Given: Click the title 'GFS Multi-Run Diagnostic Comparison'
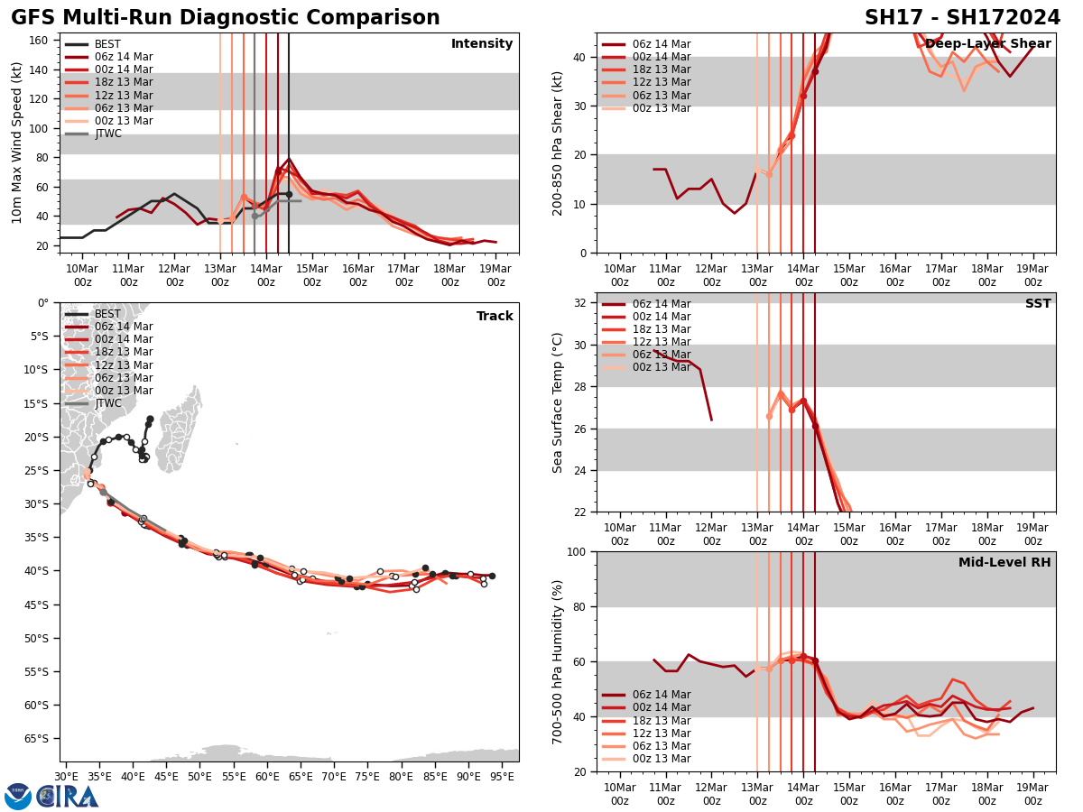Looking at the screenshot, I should click(x=226, y=18).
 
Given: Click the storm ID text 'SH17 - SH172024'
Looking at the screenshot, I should click(x=962, y=18).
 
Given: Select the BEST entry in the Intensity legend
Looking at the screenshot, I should click(x=107, y=44).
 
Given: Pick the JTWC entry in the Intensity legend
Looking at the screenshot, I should click(x=107, y=134).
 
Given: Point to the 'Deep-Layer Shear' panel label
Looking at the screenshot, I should click(x=988, y=44).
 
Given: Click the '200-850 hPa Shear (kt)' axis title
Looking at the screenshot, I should click(x=558, y=142).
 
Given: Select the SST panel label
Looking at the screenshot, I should click(x=1038, y=304).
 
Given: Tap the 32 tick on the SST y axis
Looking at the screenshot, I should click(x=582, y=303).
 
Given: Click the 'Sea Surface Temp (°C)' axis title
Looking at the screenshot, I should click(x=558, y=402).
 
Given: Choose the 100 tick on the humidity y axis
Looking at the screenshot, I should click(x=579, y=551).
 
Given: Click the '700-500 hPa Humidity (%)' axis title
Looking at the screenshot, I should click(x=558, y=661).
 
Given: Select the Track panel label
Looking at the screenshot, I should click(x=495, y=317).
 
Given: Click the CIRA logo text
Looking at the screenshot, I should click(x=68, y=796).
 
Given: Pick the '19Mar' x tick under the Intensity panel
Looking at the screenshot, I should click(x=495, y=275).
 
